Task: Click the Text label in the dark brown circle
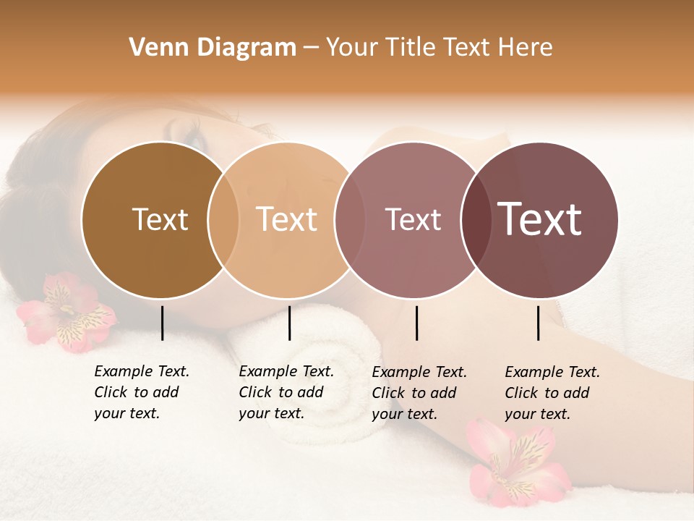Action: tap(160, 219)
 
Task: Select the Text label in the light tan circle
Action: tap(287, 219)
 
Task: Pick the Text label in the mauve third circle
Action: tap(413, 219)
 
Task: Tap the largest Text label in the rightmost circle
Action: tap(540, 219)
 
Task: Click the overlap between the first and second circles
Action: tap(223, 220)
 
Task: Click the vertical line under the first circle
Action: tap(163, 323)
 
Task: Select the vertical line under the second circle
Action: tap(289, 323)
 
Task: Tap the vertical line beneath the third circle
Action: tap(417, 323)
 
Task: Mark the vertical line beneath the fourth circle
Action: tap(539, 323)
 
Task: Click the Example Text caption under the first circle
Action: tap(142, 392)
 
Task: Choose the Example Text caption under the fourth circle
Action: tap(552, 392)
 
